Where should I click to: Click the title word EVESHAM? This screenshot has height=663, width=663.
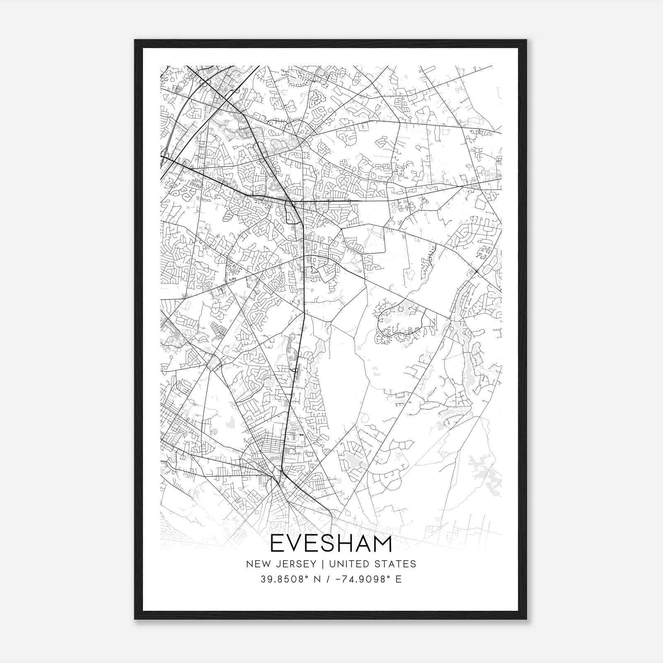(x=331, y=544)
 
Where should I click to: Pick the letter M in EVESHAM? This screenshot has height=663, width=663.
(x=382, y=544)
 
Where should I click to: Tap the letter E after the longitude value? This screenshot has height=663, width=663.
(x=399, y=579)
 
